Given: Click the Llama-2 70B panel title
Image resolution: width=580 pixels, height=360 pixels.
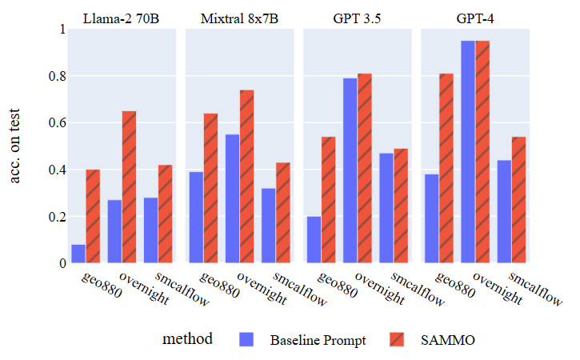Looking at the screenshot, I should point(122,18).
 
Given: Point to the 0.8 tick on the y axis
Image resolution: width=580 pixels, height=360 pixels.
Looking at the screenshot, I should point(54,76).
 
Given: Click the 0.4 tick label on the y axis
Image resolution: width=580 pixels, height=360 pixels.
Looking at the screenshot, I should point(54,170).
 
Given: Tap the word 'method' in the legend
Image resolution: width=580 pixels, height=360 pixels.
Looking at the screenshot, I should point(188,339).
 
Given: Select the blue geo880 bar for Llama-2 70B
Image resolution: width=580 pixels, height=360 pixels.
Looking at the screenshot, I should point(78,254).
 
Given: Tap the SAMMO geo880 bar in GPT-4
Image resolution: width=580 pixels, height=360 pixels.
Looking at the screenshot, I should point(446,168).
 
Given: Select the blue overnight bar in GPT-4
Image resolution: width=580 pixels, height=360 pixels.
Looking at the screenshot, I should point(468,152).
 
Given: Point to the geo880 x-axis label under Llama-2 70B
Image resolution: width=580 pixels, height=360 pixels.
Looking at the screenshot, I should point(102,286).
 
